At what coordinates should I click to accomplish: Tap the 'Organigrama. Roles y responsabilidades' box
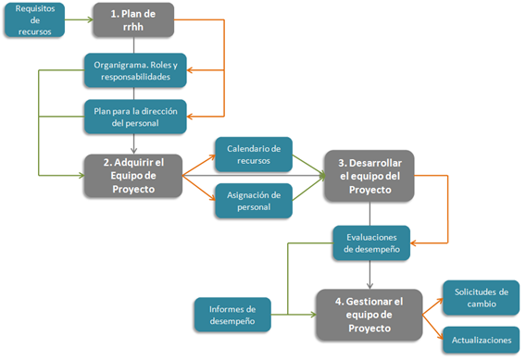(x=135, y=71)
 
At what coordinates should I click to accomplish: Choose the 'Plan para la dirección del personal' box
(x=135, y=116)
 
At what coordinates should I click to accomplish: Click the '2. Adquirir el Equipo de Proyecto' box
(x=135, y=175)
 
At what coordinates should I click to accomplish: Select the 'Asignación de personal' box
(x=253, y=200)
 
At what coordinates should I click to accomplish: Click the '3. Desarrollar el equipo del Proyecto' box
(x=370, y=175)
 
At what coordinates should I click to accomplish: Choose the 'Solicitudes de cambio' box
(x=481, y=296)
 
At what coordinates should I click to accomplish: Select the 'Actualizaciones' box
(x=481, y=340)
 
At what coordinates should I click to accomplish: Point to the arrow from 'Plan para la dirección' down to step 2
(x=135, y=142)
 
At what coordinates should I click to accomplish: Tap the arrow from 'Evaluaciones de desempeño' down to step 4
(x=370, y=273)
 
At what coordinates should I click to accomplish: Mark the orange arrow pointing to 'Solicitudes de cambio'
(x=433, y=299)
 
